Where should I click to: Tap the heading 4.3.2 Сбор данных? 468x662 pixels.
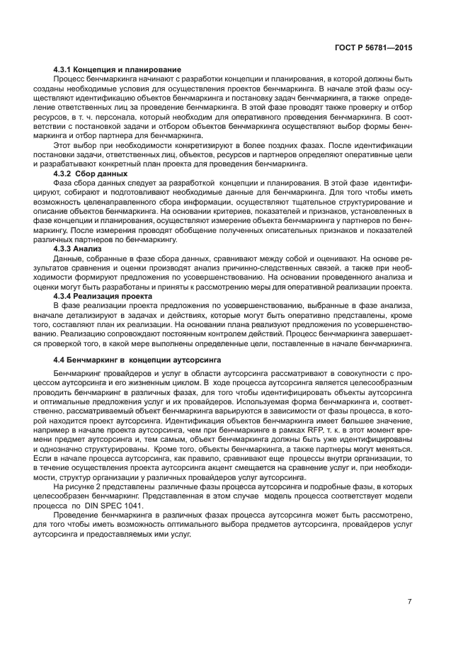91,173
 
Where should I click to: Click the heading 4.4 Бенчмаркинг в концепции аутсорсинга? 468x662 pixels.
137,360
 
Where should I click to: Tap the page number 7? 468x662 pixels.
410,602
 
